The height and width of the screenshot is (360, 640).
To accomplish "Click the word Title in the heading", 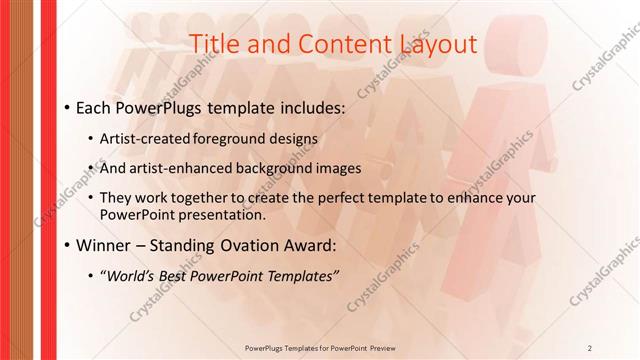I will click(213, 43).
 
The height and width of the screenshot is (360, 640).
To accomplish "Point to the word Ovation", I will click(239, 244).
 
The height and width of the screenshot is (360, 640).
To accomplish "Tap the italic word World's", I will click(130, 275).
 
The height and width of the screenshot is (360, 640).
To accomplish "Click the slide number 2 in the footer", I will click(590, 347).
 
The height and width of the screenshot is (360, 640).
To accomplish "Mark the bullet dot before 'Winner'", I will click(65, 245).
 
